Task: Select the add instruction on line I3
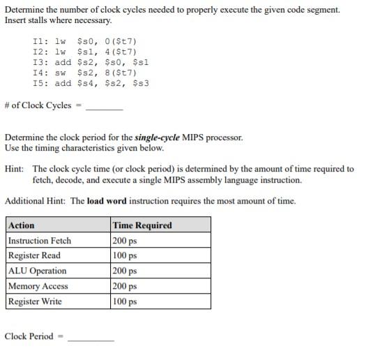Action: [x=63, y=62]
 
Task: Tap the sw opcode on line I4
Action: [x=60, y=73]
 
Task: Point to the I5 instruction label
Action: [x=39, y=83]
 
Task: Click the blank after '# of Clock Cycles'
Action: [x=104, y=107]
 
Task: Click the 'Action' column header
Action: [x=21, y=225]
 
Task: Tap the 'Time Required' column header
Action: [x=142, y=225]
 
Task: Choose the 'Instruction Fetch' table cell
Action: [x=40, y=241]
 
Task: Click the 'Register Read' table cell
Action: [x=34, y=255]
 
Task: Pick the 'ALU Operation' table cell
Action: [x=38, y=271]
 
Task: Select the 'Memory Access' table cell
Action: [x=38, y=286]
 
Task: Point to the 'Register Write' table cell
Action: [x=35, y=301]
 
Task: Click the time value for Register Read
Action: [x=125, y=255]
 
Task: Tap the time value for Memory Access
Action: [x=125, y=286]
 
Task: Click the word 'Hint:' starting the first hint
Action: [x=15, y=169]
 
